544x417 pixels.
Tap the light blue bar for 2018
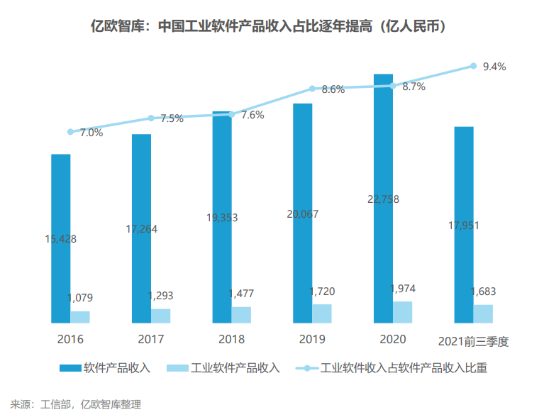coord(241,315)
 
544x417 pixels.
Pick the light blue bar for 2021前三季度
coord(483,313)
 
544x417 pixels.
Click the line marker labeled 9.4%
coord(473,66)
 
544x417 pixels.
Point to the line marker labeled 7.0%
coord(70,131)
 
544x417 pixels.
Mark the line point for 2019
coord(312,89)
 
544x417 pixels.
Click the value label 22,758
coord(383,199)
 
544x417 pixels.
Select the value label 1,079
coord(80,298)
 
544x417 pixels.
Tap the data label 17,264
coord(141,229)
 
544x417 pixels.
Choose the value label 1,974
coord(402,288)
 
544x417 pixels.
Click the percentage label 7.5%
coord(172,118)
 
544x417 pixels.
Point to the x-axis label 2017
coord(150,340)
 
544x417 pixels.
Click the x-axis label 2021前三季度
coord(474,340)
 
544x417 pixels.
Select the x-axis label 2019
coord(312,340)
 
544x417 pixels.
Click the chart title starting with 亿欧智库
coord(272,27)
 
